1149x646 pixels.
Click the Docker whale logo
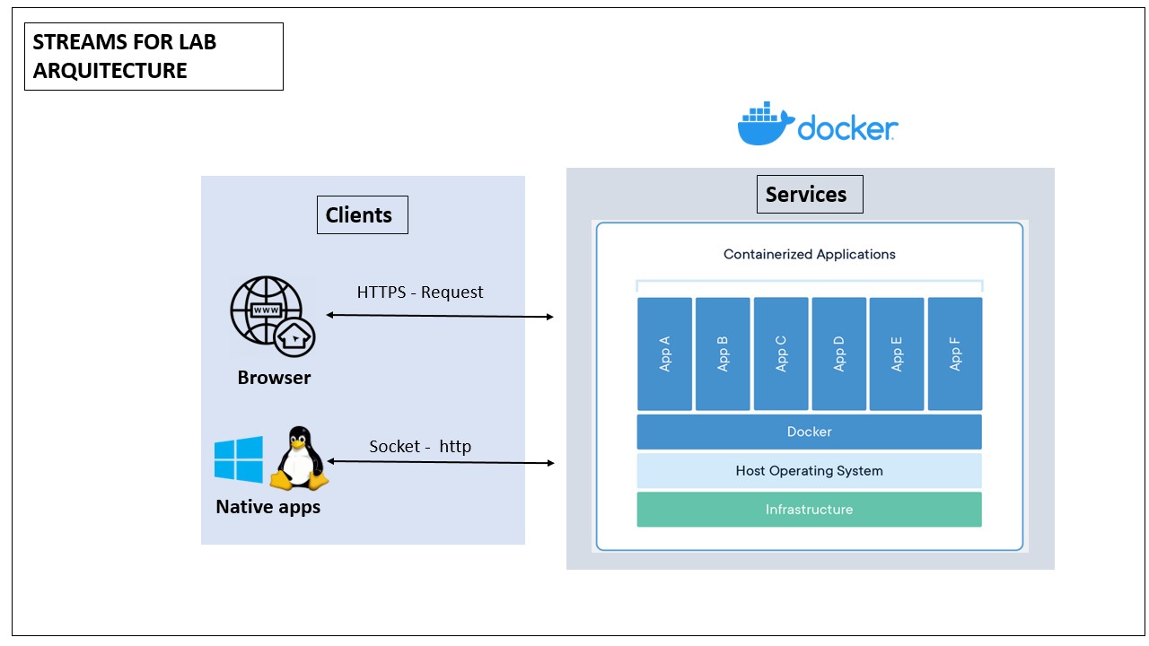(x=766, y=125)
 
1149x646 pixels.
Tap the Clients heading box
(x=362, y=215)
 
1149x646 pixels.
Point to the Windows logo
(x=239, y=459)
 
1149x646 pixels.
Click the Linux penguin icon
(x=299, y=458)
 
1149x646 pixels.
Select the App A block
(x=665, y=354)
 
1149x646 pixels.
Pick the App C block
(x=781, y=354)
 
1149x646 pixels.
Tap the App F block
(x=955, y=354)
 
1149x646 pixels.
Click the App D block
(x=839, y=354)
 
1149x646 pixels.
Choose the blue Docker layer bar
(x=809, y=432)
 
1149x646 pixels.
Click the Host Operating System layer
(x=809, y=470)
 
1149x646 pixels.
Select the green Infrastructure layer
(x=809, y=509)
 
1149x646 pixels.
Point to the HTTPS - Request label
(x=420, y=292)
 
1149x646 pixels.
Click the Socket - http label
(x=420, y=447)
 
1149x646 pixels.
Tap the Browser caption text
(x=274, y=378)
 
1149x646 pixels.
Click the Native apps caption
(x=268, y=507)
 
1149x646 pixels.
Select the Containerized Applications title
(x=809, y=254)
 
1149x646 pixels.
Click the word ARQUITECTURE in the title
(x=110, y=71)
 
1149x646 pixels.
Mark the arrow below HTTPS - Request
(x=440, y=316)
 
